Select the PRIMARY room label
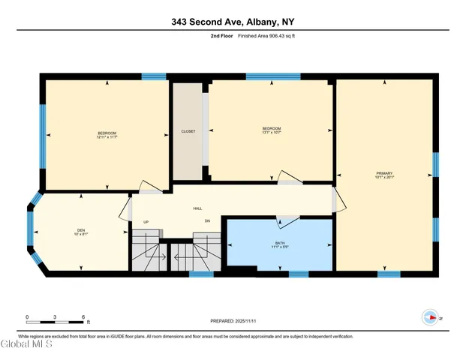click(385, 172)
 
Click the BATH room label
click(280, 244)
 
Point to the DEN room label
click(80, 229)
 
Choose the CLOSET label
click(188, 131)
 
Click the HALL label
click(197, 208)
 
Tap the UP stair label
click(147, 221)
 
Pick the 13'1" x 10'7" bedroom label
click(271, 133)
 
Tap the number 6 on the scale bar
click(83, 316)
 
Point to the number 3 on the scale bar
click(55, 316)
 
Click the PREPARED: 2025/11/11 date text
click(233, 321)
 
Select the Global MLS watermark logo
click(26, 345)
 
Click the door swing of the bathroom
click(284, 221)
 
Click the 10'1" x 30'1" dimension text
click(385, 177)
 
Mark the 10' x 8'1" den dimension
click(80, 234)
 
